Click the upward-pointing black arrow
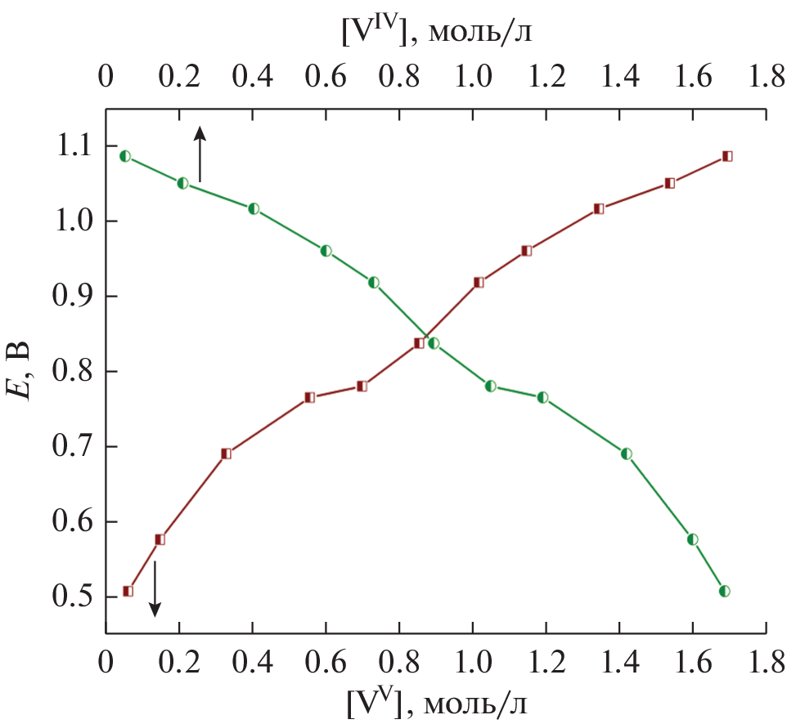coord(199,153)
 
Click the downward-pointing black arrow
coord(155,588)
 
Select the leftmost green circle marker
coord(125,156)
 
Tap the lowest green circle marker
coord(724,591)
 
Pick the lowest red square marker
coord(128,591)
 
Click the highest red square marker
coord(726,156)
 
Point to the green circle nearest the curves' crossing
coord(434,343)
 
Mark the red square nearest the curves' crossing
coord(419,343)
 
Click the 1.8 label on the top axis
coord(767,78)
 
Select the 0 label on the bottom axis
coord(105,660)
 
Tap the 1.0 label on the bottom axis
coord(472,660)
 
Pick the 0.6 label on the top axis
coord(326,78)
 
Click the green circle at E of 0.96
coord(326,251)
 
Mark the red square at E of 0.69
coord(227,454)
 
